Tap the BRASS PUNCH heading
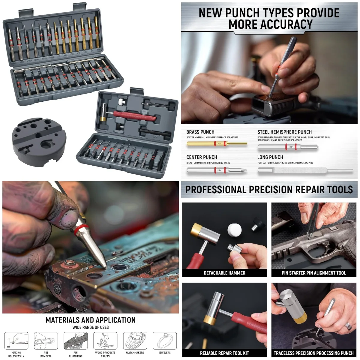[200, 132]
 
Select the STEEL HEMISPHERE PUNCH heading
[284, 132]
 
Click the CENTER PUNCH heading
[201, 157]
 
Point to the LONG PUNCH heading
[270, 157]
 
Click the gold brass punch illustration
[217, 144]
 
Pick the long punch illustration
[304, 170]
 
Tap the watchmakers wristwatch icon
[135, 340]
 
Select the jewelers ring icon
[164, 340]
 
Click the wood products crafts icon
[105, 340]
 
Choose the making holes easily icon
[16, 340]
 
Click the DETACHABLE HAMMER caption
[224, 273]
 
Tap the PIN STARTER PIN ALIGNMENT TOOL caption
[313, 273]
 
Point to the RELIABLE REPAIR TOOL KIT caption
[224, 353]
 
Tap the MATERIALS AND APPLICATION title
[90, 320]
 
